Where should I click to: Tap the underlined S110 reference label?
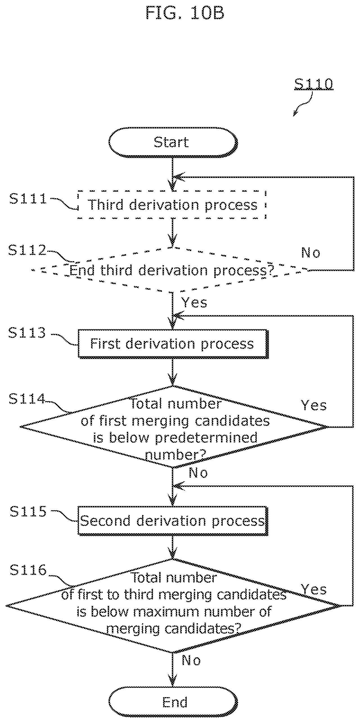[314, 84]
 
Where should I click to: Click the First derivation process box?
[173, 344]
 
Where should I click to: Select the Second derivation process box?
[173, 521]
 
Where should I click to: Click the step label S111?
[28, 199]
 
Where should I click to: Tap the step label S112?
[27, 250]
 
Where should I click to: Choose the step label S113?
[27, 333]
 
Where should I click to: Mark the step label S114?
[27, 398]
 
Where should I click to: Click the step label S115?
[28, 511]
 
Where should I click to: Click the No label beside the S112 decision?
[311, 253]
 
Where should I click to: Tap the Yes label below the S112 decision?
[194, 302]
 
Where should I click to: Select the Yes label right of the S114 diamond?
[314, 405]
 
